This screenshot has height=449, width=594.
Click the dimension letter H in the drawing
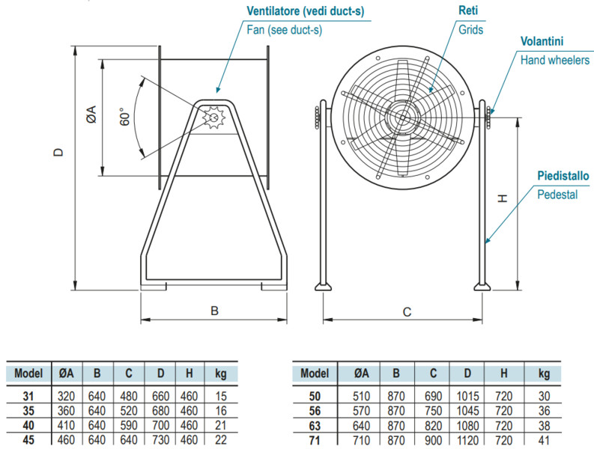point(503,198)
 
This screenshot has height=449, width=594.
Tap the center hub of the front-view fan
point(403,116)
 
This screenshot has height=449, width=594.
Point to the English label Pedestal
point(557,195)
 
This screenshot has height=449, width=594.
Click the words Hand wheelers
point(555,61)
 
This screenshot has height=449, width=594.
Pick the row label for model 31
point(28,396)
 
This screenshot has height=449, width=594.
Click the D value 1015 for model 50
point(467,396)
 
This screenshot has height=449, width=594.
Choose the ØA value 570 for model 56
point(361,409)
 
